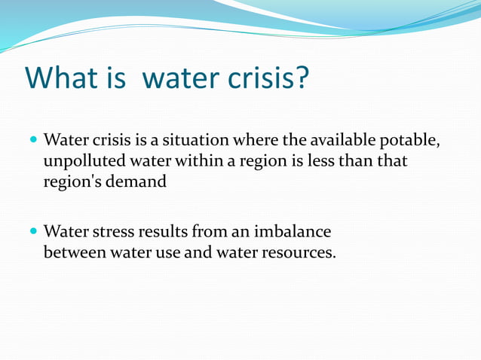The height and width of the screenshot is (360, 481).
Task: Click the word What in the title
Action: (x=63, y=78)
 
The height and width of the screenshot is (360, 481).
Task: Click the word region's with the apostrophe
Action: (x=71, y=182)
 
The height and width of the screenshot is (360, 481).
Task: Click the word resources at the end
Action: (x=297, y=252)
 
